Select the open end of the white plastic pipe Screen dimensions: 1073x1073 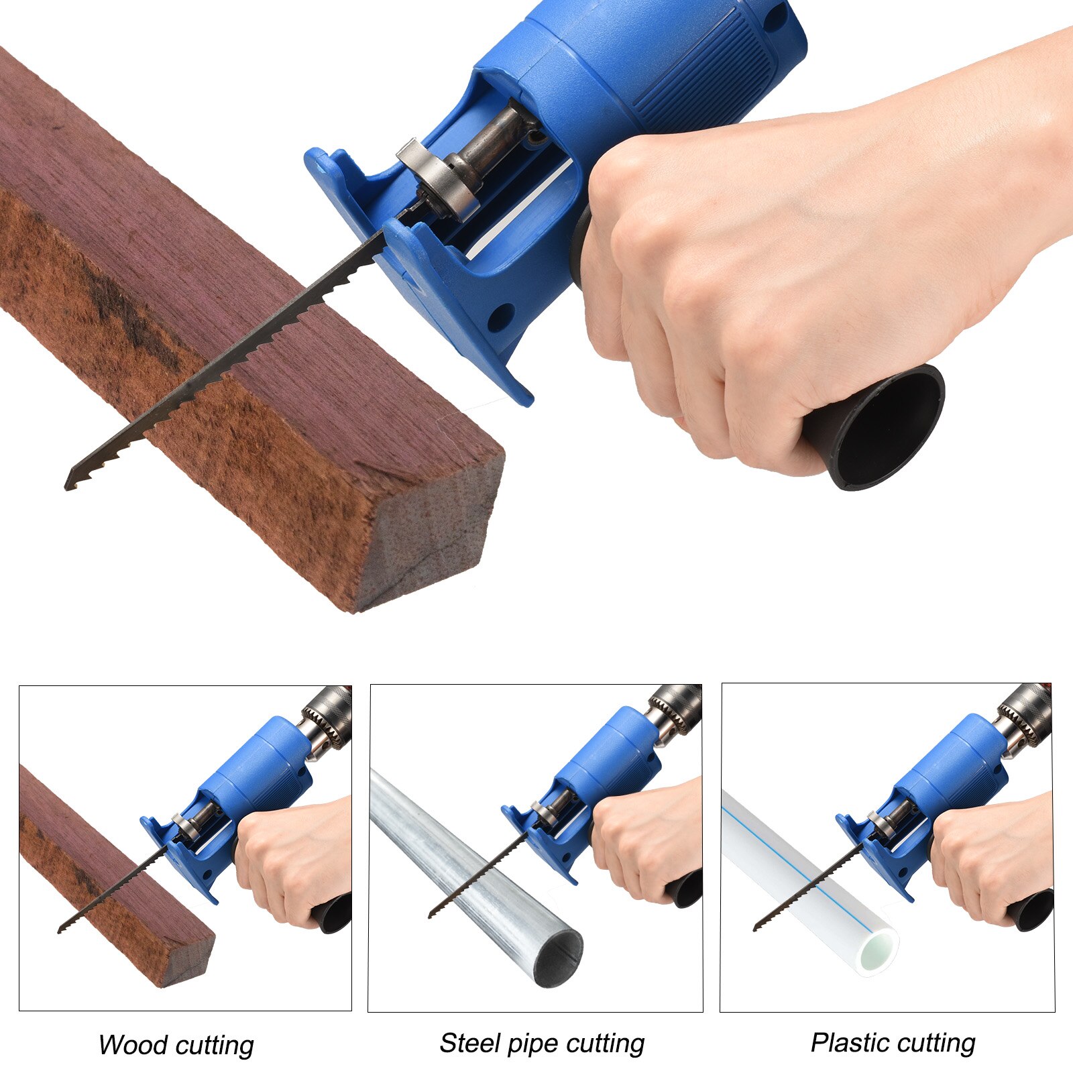[x=879, y=948]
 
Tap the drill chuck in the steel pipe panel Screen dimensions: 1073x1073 [x=677, y=710]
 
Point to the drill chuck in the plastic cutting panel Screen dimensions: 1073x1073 [x=1026, y=714]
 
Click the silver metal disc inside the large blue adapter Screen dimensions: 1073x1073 [x=443, y=181]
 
